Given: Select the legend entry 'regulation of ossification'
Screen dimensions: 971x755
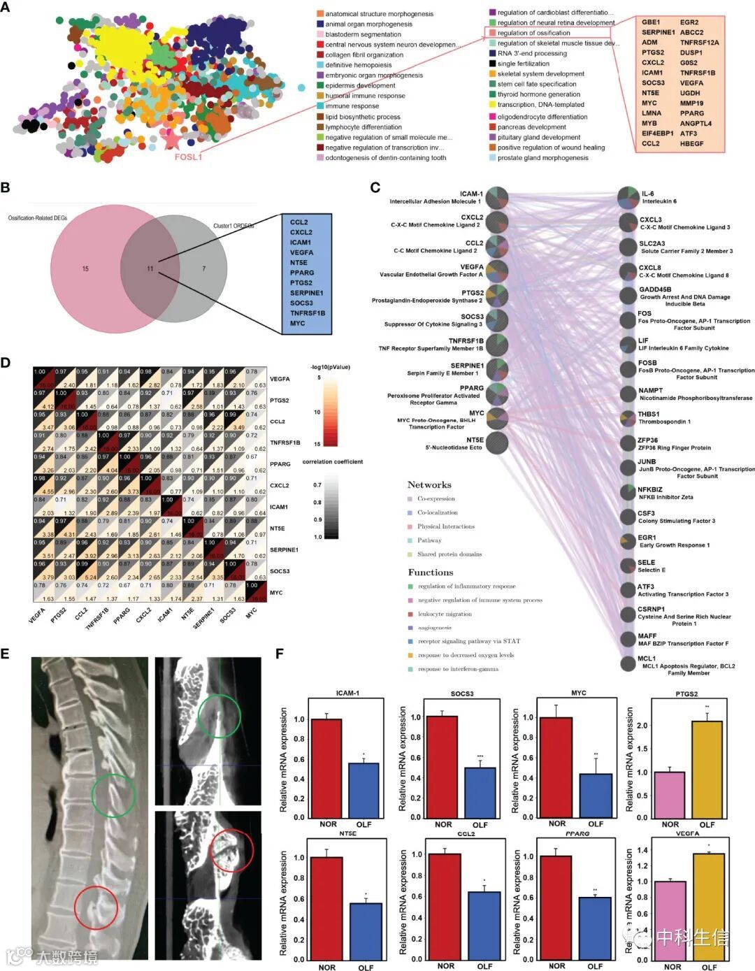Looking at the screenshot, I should (533, 33).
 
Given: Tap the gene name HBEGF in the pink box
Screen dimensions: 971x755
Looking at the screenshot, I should (692, 143).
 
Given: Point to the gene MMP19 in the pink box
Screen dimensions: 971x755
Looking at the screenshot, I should (692, 103).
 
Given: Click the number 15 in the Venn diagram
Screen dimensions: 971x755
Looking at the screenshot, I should (85, 268).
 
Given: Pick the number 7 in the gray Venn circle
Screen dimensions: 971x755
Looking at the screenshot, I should (204, 268).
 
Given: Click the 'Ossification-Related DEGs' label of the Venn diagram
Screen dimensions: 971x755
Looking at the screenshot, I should (38, 218).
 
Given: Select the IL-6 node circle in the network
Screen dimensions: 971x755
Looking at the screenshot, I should (628, 197).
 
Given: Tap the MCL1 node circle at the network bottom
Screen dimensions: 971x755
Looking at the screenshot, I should (628, 663).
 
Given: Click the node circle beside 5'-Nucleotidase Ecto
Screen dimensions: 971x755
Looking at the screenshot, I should (496, 443).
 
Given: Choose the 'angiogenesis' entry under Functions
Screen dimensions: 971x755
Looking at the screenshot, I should (434, 628).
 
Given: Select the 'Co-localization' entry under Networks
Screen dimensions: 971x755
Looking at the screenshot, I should (437, 512).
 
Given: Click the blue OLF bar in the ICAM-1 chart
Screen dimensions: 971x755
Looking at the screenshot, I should (364, 790).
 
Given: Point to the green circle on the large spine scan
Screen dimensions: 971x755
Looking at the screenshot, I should (113, 796).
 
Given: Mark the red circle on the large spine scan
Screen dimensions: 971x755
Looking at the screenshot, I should (96, 907).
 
